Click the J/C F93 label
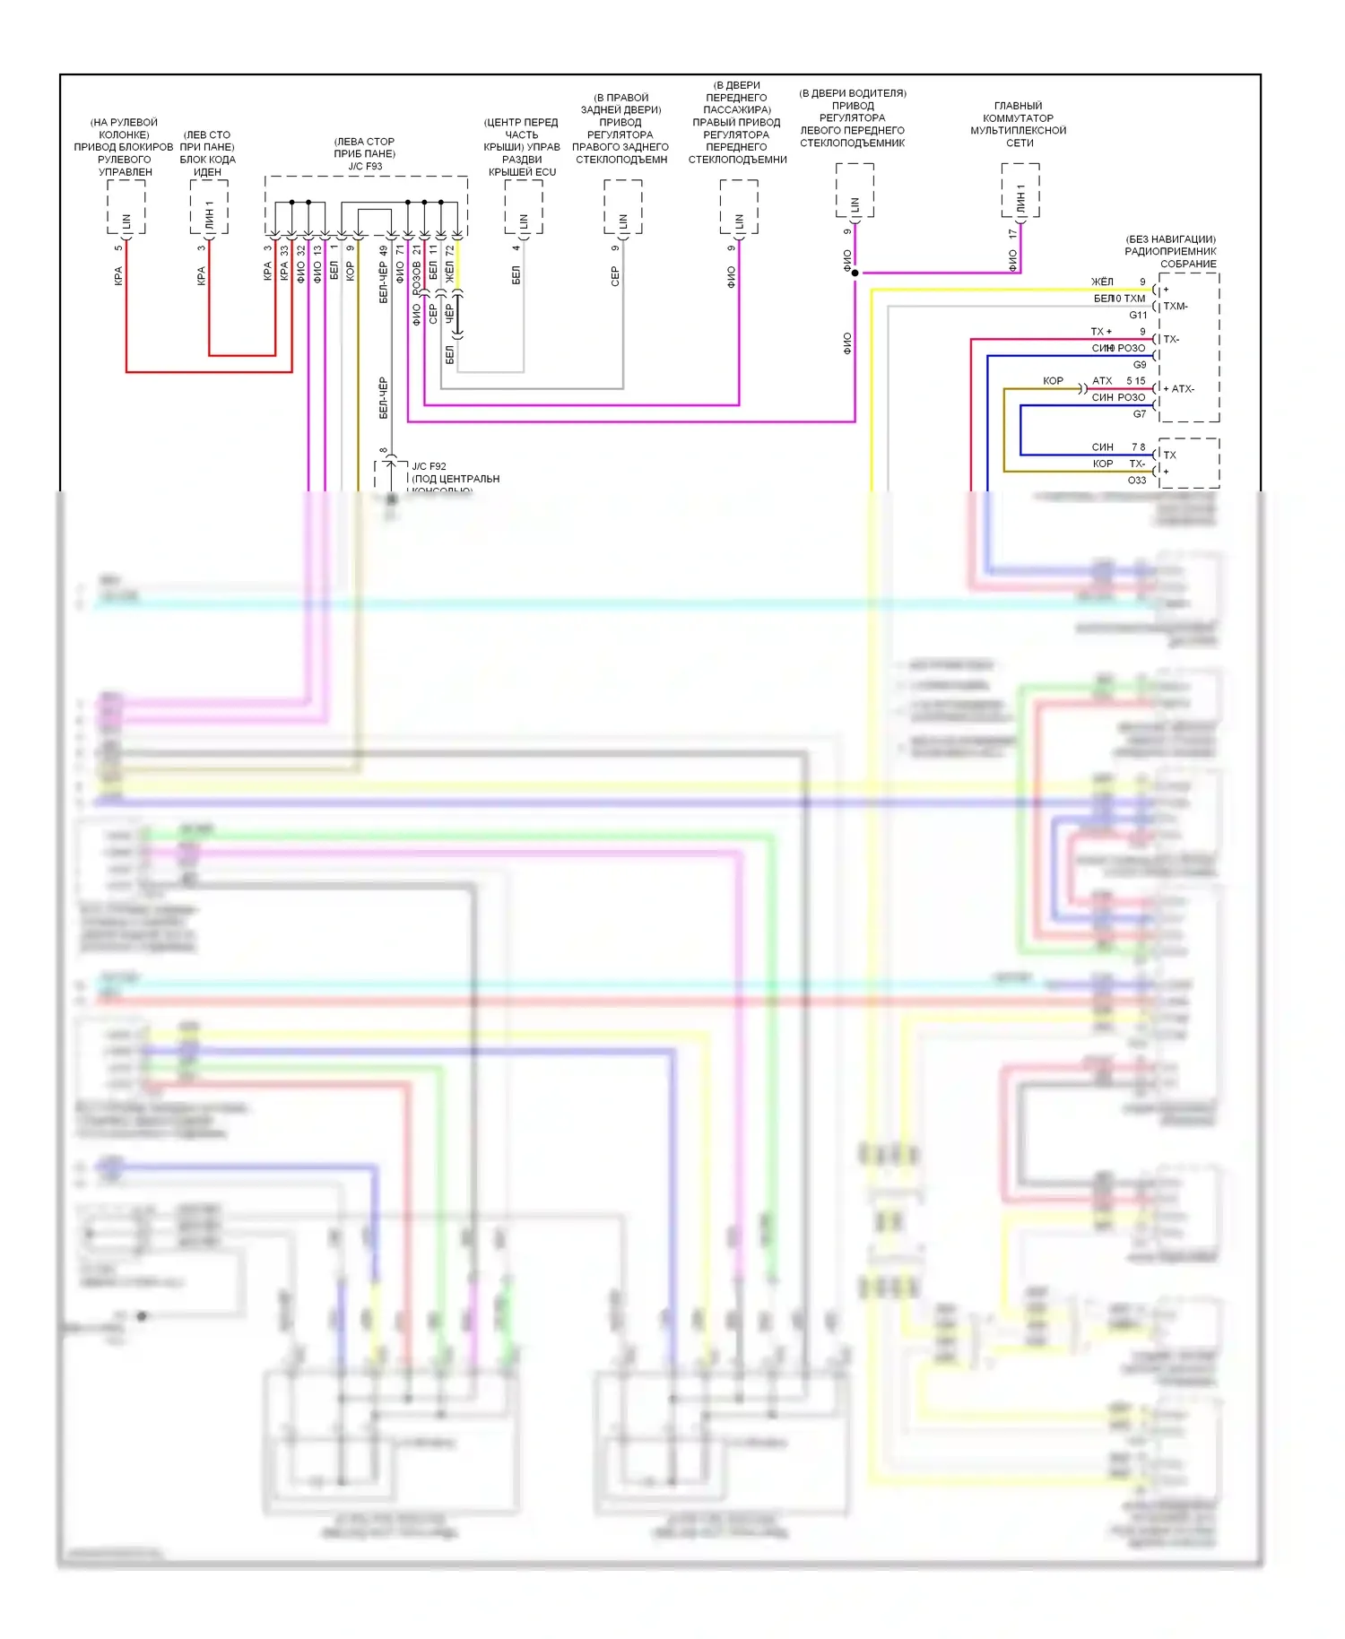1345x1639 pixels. tap(365, 167)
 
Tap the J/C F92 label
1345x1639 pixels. tap(429, 466)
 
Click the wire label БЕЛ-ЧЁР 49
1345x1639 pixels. tap(383, 274)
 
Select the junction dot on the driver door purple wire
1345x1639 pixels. tap(855, 273)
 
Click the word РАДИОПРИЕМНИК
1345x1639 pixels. tap(1170, 252)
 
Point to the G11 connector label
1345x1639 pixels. tap(1138, 316)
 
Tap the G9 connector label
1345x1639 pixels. tap(1139, 365)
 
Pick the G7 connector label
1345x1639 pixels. tap(1139, 414)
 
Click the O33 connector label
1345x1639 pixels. tap(1136, 481)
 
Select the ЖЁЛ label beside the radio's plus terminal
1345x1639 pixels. tap(1102, 282)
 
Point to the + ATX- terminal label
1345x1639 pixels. tap(1178, 389)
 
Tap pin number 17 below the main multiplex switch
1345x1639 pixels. tap(1012, 234)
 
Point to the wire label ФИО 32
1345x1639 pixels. tap(300, 264)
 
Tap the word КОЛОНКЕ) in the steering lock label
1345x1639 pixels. tap(124, 135)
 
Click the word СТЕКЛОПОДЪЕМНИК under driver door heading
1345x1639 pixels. tap(852, 143)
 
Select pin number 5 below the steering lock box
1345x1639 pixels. tap(118, 248)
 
